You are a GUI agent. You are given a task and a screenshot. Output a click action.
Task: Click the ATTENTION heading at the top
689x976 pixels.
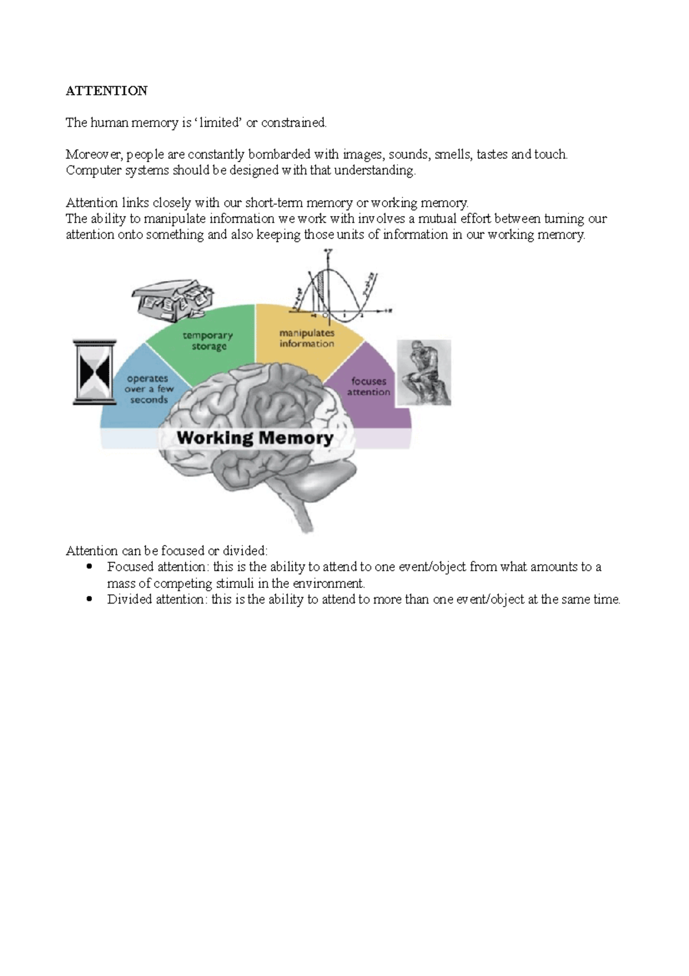click(107, 91)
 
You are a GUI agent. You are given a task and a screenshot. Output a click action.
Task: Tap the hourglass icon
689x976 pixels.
click(95, 371)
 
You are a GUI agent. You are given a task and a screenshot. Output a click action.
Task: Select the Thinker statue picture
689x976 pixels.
click(424, 372)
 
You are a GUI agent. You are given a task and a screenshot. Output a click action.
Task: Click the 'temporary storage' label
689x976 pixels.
click(208, 341)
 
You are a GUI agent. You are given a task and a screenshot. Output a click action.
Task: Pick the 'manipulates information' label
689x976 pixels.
click(307, 338)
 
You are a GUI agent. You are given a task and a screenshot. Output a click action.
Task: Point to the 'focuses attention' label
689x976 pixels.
click(369, 386)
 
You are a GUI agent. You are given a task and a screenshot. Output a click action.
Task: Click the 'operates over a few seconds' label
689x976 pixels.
click(149, 389)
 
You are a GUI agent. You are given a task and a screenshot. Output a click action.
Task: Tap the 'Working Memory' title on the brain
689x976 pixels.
click(255, 438)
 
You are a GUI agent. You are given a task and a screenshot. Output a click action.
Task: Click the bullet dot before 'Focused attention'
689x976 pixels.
click(88, 567)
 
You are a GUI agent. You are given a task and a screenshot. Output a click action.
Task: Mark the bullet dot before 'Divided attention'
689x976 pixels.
click(88, 599)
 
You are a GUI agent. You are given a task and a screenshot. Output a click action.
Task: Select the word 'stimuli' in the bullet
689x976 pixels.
click(235, 583)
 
